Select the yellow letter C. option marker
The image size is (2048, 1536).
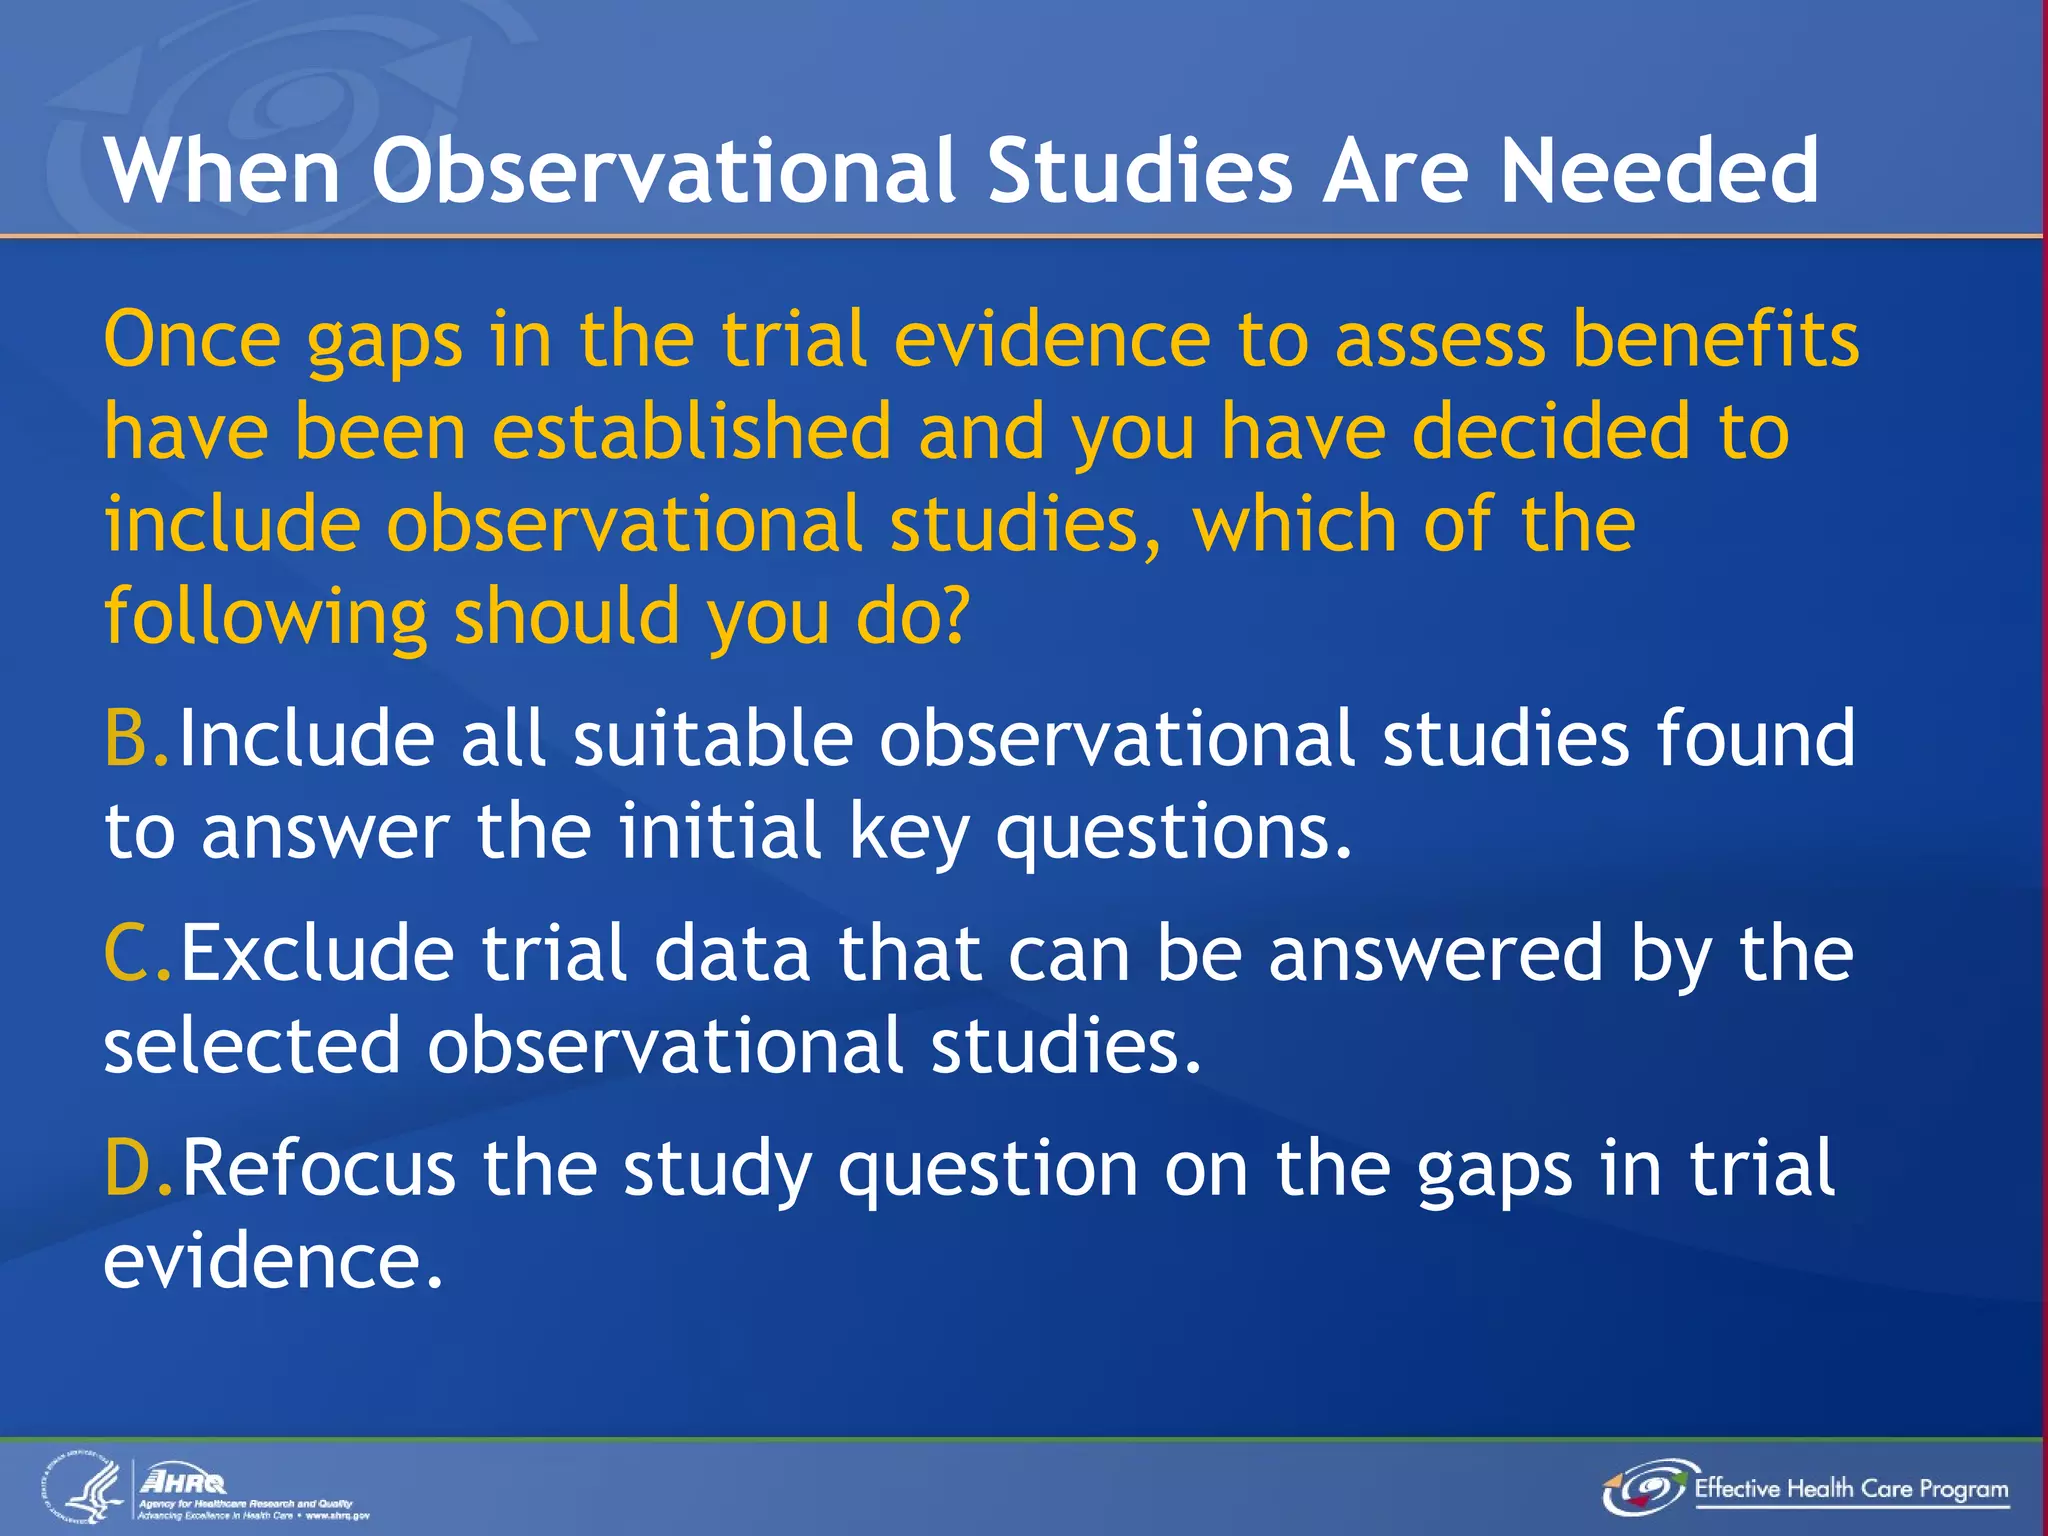tap(138, 954)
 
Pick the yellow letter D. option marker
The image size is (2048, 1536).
tap(139, 1168)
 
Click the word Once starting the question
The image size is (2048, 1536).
tap(192, 340)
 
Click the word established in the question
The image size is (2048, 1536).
tap(691, 432)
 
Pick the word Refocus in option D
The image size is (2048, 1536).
tap(318, 1168)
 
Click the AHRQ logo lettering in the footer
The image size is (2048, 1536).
tap(184, 1481)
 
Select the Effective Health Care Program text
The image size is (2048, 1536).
tap(1851, 1489)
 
